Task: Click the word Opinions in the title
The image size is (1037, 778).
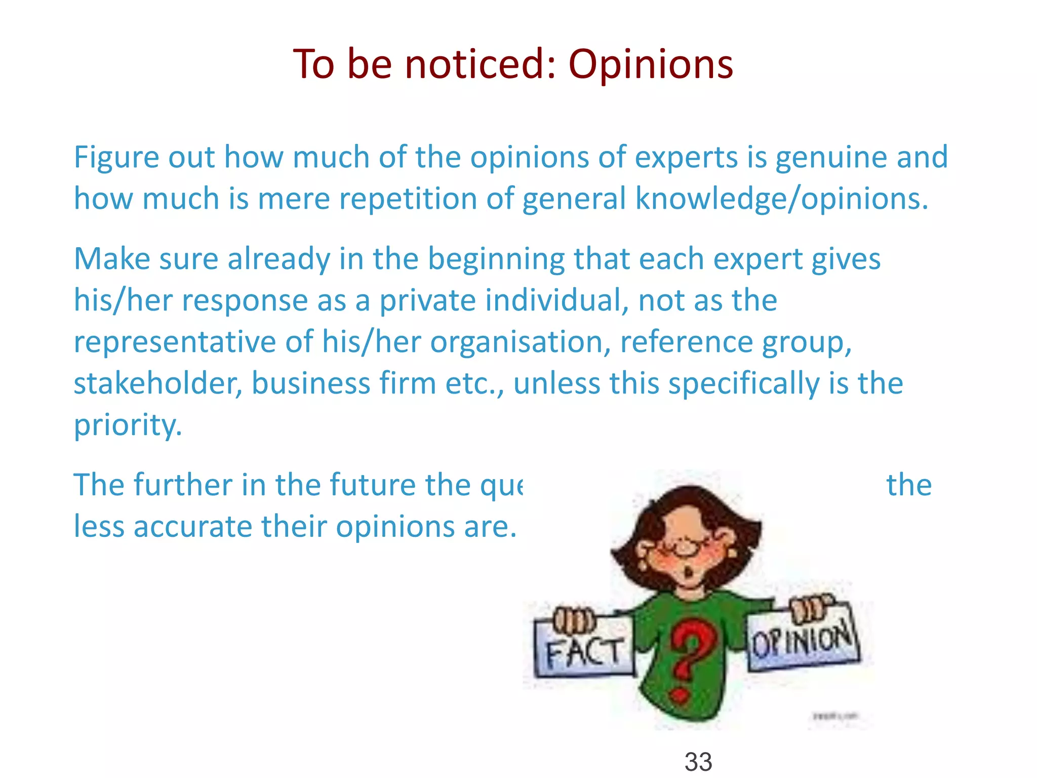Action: tap(651, 64)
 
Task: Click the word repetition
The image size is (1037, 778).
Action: tap(408, 199)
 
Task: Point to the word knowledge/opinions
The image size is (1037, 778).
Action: tap(782, 199)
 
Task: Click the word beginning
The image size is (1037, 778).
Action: tap(496, 260)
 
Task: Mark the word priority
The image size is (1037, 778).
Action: tap(128, 425)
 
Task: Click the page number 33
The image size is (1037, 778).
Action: tap(698, 762)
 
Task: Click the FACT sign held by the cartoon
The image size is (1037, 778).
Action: tap(584, 650)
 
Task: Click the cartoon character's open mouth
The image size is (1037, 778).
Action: tap(688, 574)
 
